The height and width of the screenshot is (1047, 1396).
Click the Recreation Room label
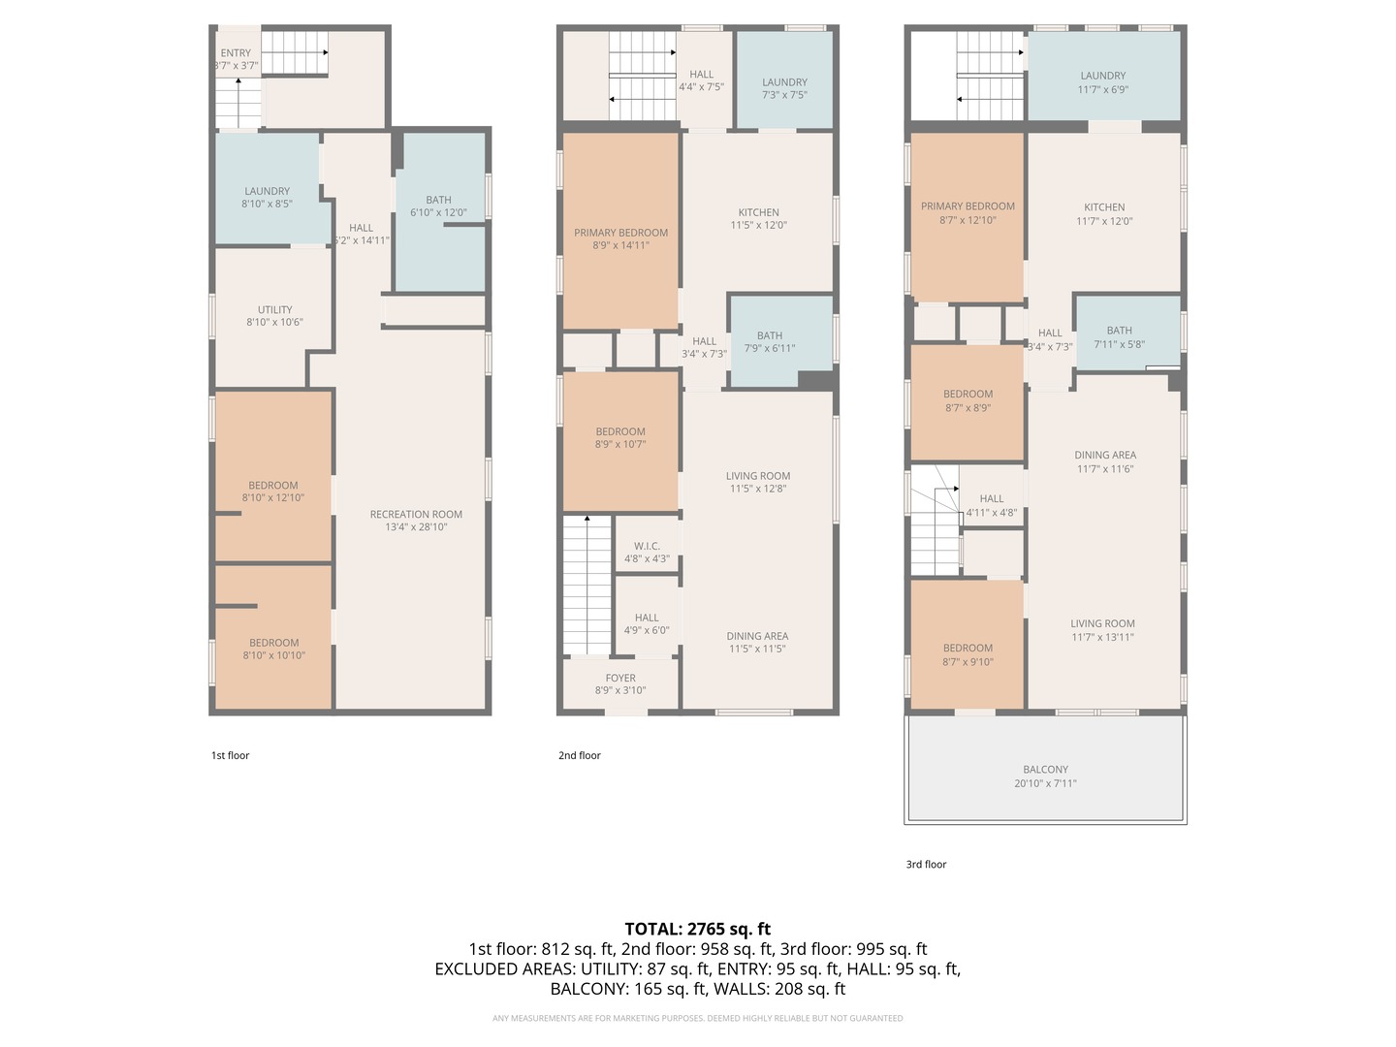(x=416, y=514)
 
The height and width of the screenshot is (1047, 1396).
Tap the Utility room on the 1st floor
(x=274, y=316)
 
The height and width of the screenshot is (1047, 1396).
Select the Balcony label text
(x=1046, y=769)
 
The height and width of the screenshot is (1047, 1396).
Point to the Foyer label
(x=620, y=678)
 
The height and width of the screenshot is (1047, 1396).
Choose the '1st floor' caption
(x=230, y=755)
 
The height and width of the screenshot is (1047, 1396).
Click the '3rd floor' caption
(x=926, y=864)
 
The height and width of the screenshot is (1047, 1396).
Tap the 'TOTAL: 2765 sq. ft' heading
(x=698, y=929)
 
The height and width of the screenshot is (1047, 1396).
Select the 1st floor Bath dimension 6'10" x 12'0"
(x=439, y=212)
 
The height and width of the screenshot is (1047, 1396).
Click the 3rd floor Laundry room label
(x=1103, y=76)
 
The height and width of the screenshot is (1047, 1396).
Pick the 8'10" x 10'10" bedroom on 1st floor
(x=273, y=637)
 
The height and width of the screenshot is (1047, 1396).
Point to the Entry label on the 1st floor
(x=236, y=52)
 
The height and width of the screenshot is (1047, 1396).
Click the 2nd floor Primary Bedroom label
(x=620, y=233)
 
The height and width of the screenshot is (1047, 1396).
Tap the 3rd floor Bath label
(x=1120, y=331)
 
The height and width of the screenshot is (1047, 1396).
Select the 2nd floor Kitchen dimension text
(x=759, y=225)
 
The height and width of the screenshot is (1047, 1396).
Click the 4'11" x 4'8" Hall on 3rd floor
(x=991, y=497)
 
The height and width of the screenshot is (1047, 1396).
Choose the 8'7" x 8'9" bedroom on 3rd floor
(x=968, y=401)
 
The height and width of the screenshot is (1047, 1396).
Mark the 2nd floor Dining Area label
(x=757, y=636)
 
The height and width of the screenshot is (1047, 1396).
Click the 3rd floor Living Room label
(x=1102, y=623)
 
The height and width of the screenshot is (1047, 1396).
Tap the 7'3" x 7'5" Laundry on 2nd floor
(x=785, y=80)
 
